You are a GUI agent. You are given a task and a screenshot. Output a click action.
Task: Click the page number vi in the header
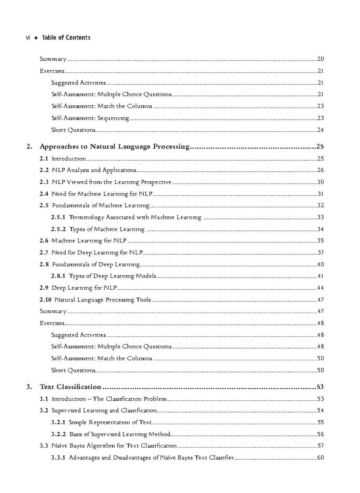[x=27, y=38]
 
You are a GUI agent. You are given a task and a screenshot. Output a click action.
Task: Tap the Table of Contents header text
[x=66, y=38]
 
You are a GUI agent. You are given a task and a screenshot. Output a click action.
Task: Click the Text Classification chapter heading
[x=70, y=386]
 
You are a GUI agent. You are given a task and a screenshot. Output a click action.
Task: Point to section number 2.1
[x=44, y=158]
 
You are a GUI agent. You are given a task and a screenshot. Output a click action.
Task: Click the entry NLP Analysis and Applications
[x=94, y=170]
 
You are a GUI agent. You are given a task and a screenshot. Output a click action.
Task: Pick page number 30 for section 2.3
[x=321, y=182]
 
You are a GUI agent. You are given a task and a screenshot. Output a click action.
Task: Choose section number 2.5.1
[x=58, y=218]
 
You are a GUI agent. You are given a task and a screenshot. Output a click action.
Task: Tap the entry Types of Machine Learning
[x=107, y=229]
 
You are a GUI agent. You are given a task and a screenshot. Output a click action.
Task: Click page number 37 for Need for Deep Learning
[x=321, y=252]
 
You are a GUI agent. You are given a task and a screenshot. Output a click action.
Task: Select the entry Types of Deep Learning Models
[x=112, y=276]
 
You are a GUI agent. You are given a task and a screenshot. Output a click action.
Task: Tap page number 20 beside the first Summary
[x=321, y=59]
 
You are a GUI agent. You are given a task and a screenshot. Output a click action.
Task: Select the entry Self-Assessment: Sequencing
[x=90, y=118]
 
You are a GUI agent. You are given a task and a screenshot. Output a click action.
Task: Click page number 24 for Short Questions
[x=321, y=130]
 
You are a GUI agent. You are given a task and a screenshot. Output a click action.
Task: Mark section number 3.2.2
[x=58, y=434]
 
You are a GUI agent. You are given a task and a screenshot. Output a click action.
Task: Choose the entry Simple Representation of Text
[x=111, y=422]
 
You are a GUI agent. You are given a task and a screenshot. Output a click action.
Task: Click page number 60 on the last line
[x=321, y=458]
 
